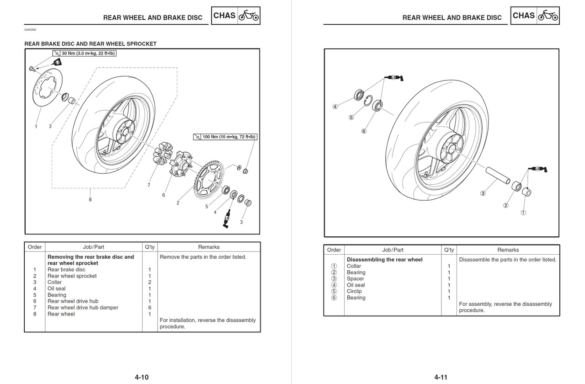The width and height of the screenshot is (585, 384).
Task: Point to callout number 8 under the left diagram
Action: point(90,199)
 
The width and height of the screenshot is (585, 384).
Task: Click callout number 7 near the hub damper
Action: point(149,185)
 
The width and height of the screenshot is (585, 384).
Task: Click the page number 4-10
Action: point(142,377)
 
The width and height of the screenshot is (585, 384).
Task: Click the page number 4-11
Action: point(441,377)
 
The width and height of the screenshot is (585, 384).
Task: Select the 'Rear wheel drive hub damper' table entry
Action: point(83,308)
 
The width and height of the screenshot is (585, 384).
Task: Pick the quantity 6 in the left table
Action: point(149,308)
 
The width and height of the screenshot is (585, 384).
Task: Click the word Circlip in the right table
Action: point(354,291)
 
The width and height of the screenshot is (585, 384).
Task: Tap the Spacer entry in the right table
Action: point(356,278)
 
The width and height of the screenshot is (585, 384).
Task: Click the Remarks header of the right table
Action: point(508,250)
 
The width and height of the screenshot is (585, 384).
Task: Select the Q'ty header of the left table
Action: point(149,247)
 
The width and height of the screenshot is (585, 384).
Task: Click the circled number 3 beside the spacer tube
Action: point(483,193)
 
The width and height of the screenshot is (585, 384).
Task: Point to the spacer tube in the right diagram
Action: point(498,176)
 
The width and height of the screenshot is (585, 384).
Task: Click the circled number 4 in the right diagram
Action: point(335,107)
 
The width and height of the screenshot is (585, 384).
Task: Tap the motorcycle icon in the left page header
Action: point(249,16)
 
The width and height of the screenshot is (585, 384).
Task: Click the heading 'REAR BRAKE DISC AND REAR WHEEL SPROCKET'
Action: point(90,44)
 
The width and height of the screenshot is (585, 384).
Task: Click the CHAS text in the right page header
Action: point(524,16)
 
